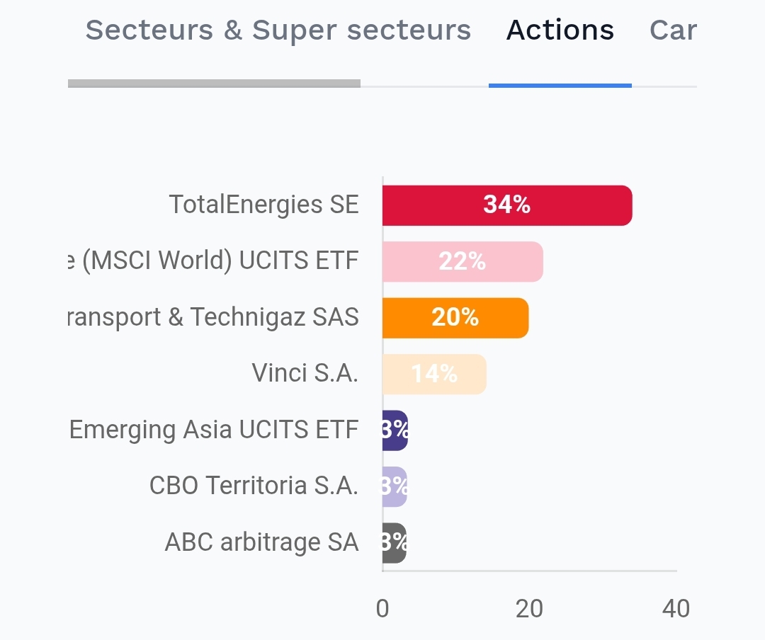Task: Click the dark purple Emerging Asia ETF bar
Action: (395, 430)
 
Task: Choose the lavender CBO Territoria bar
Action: (395, 486)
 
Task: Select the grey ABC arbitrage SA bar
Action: (394, 543)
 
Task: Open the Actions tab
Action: (560, 30)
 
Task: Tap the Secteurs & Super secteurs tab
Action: (278, 30)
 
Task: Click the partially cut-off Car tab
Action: (673, 30)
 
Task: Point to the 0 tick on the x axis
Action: (382, 609)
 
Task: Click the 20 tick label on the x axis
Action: (529, 609)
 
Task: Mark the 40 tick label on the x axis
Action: (676, 609)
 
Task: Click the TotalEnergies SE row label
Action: (263, 205)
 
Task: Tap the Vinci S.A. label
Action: (305, 373)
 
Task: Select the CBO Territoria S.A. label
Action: (254, 486)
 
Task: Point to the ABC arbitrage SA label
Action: (261, 543)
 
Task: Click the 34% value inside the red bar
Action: (507, 205)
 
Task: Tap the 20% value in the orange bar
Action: (455, 318)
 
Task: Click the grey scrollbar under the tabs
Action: (214, 84)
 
